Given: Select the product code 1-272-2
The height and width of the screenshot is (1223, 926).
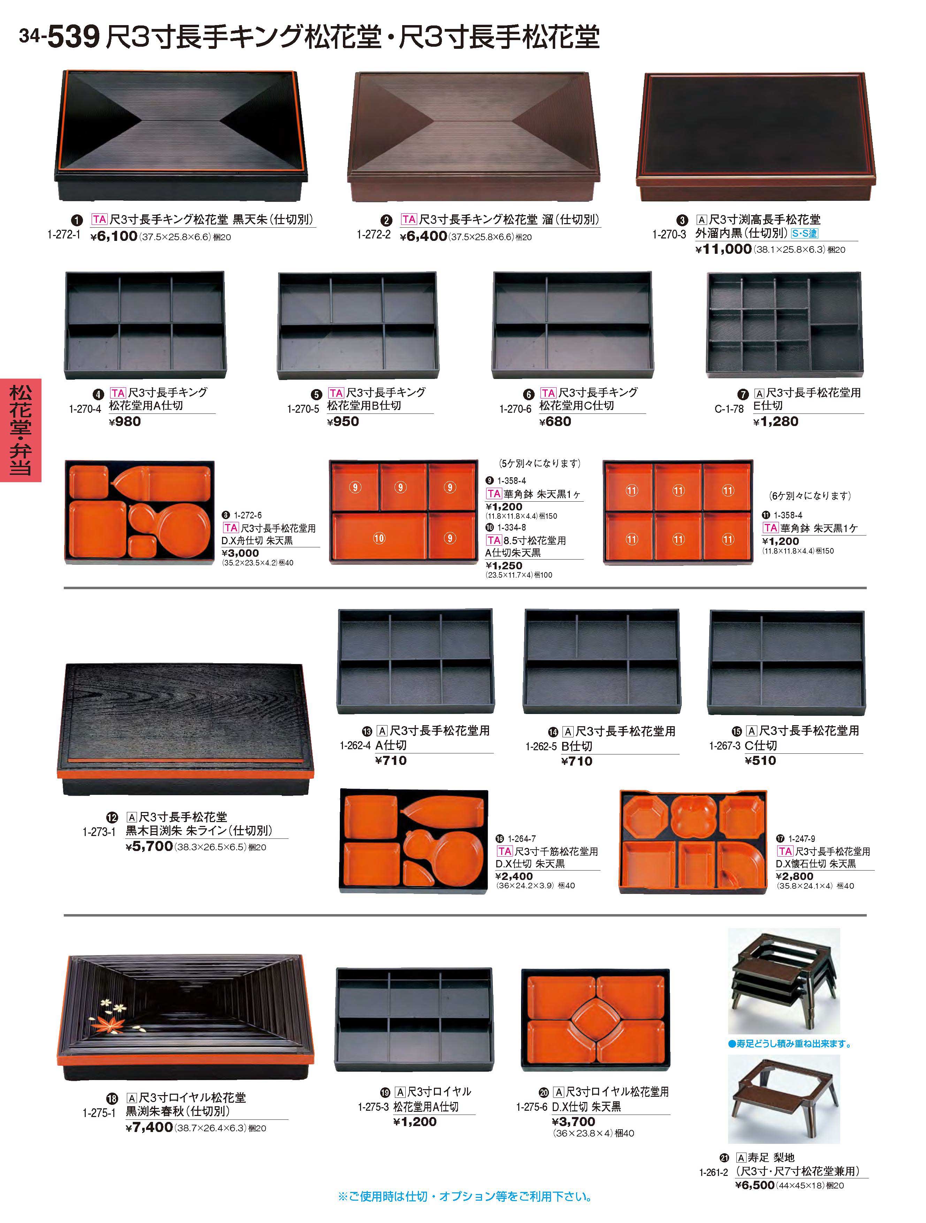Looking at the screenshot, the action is click(374, 234).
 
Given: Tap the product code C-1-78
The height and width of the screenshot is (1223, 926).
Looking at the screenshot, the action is click(729, 409).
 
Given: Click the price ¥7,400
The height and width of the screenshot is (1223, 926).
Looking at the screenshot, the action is click(149, 1127).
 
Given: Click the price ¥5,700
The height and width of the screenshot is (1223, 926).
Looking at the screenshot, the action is click(149, 846).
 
